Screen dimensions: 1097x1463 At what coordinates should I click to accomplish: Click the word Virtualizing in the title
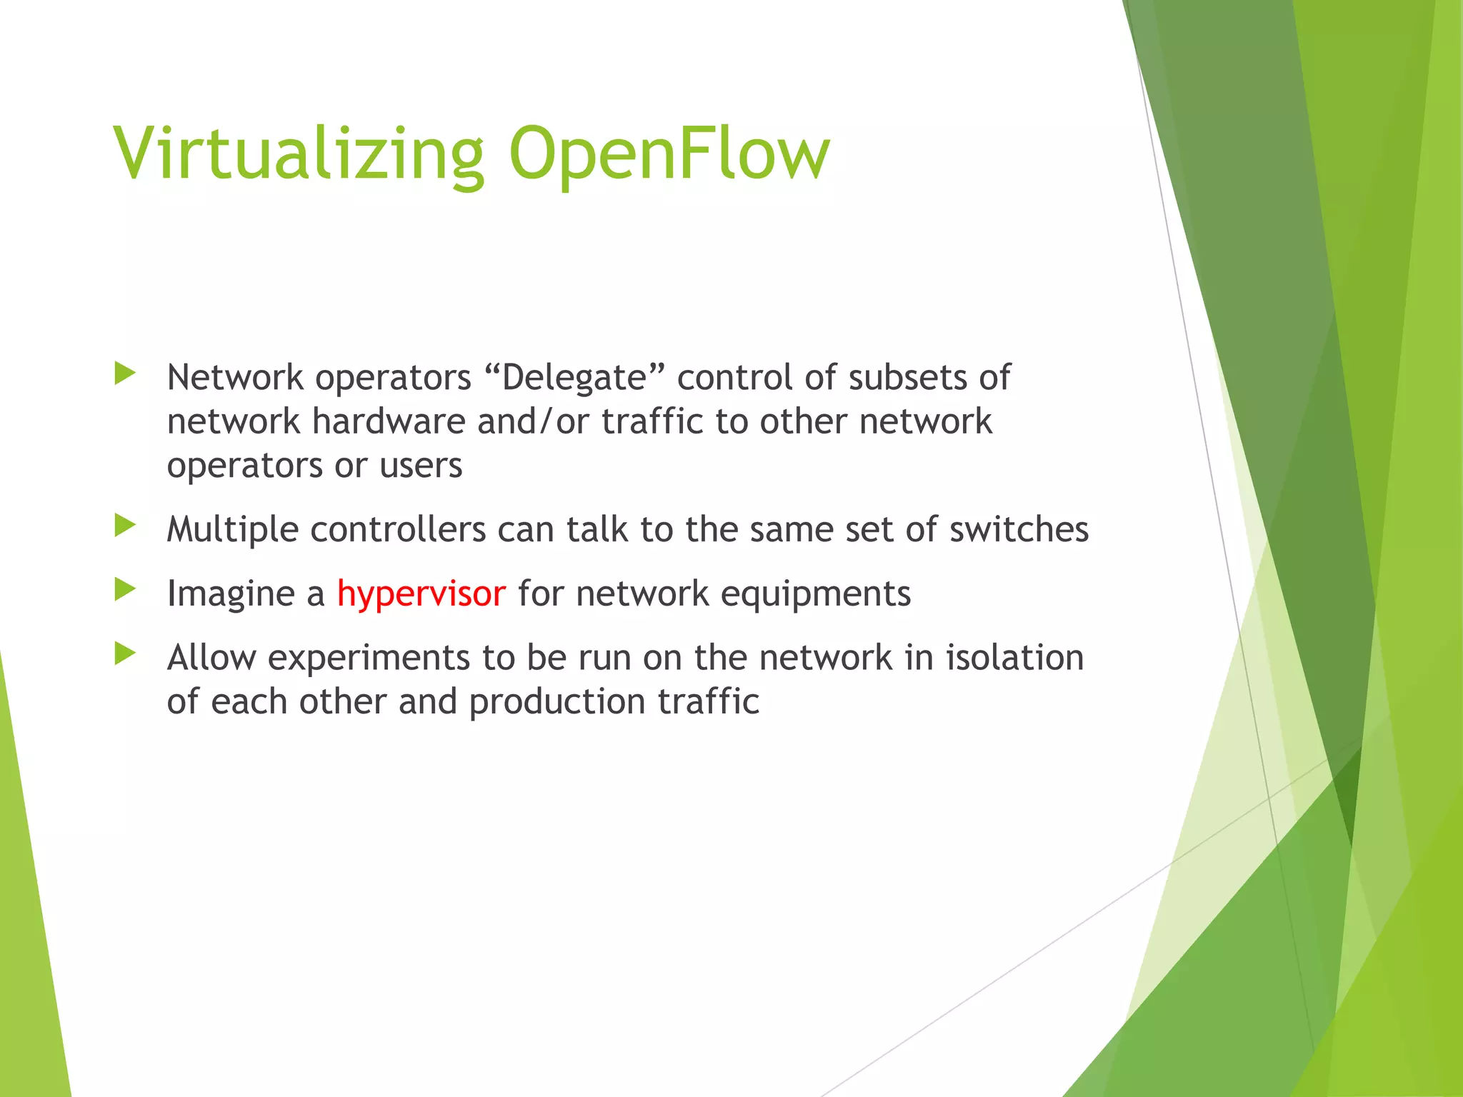tap(299, 154)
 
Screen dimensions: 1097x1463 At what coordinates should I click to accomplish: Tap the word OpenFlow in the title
tap(669, 154)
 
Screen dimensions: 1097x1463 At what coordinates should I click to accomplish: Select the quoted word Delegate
tap(574, 377)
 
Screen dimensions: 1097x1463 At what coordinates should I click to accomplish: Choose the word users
tap(421, 466)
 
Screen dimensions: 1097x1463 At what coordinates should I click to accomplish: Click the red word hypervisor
tap(421, 594)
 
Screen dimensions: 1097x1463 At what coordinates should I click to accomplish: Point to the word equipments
tap(815, 594)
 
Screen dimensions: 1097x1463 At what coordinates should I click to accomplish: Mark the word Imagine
tap(231, 594)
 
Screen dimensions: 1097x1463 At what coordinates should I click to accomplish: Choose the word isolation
tap(1014, 658)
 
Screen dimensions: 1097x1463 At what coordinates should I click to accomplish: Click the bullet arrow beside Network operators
tap(125, 373)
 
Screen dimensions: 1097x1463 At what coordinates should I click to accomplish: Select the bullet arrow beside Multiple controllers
tap(125, 526)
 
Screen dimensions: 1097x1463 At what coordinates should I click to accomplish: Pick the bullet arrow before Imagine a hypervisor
tap(125, 589)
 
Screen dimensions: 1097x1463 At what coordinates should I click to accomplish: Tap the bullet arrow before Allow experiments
tap(125, 653)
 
